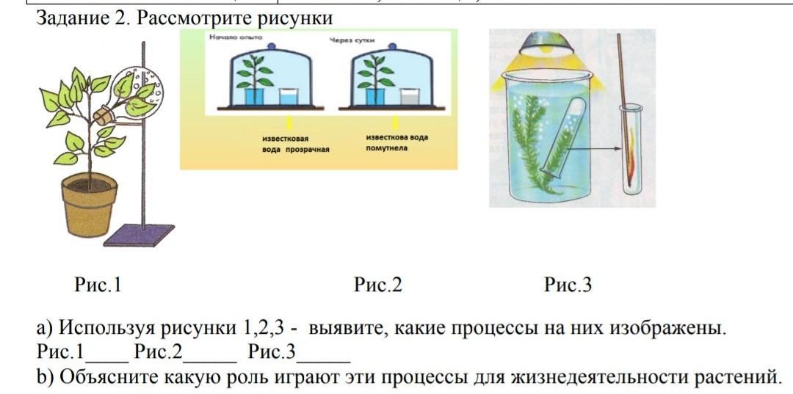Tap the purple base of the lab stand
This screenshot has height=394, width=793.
coord(140,234)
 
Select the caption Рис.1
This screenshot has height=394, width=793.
coord(98,285)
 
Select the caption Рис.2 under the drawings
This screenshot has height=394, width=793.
coord(377,285)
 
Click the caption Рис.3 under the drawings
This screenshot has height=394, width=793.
coord(568,285)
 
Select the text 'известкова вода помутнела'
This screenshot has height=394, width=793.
coord(396,142)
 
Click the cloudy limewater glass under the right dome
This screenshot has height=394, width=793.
coord(407,97)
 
